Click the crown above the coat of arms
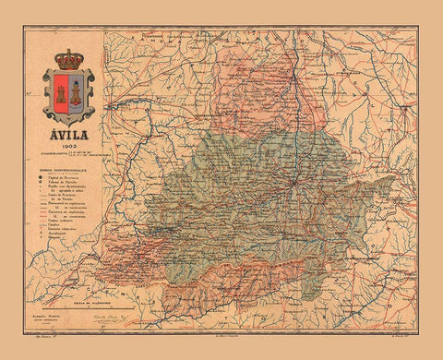tap(68, 60)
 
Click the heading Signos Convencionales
tap(64, 169)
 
